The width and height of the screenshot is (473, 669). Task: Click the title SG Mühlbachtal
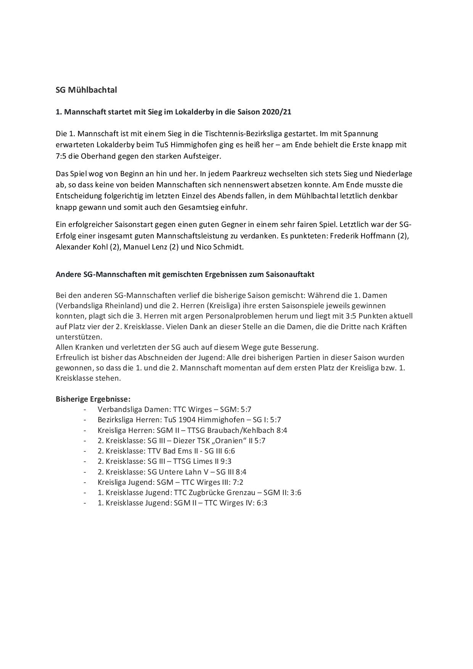click(86, 90)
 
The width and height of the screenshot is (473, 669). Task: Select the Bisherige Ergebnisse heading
click(93, 399)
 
